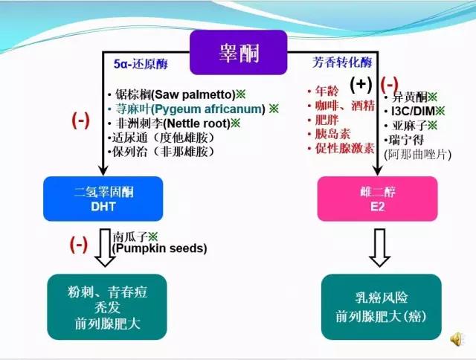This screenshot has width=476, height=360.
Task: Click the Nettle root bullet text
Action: coord(178,123)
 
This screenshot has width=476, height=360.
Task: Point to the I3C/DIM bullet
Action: coord(418,111)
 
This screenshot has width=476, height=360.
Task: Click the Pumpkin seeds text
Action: coord(159,248)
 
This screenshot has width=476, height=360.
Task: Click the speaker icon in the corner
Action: coord(456,339)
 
